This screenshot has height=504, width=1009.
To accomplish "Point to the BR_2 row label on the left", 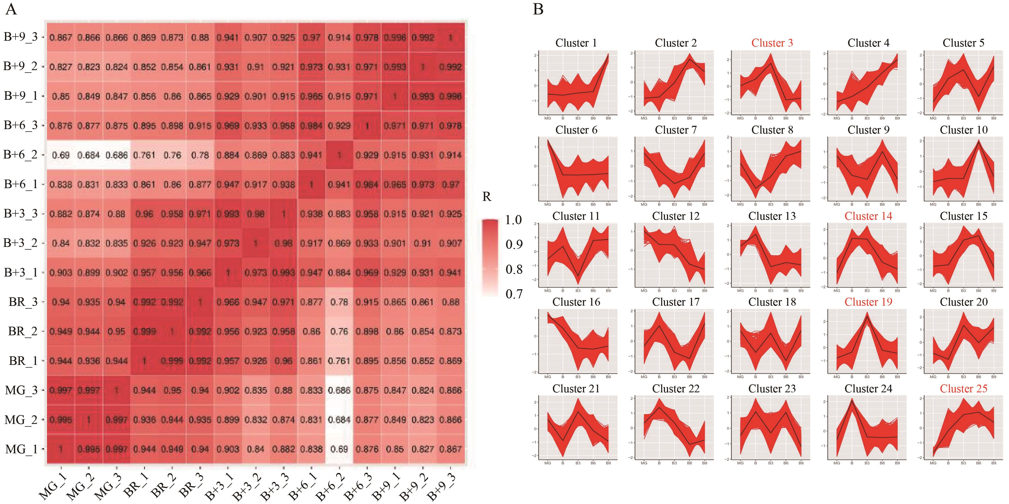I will (x=23, y=331).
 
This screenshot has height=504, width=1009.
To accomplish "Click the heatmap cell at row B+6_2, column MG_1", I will (x=61, y=155).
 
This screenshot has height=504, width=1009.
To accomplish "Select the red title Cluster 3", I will (x=772, y=43).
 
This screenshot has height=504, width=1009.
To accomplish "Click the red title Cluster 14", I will (x=868, y=216).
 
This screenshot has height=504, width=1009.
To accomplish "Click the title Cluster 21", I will (x=576, y=388).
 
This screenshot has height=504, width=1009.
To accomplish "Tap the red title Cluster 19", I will (x=868, y=302).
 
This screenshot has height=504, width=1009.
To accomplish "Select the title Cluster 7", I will (x=676, y=130).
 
